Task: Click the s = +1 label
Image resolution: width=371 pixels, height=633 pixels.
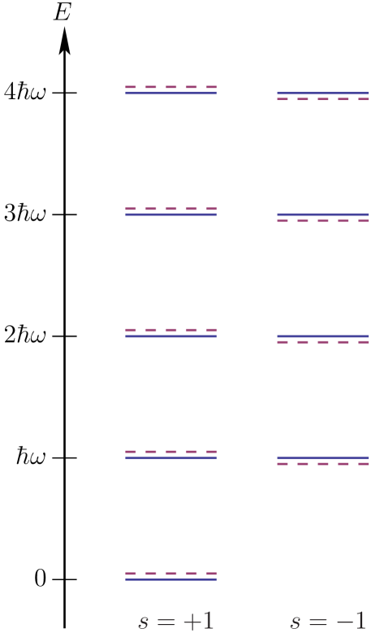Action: (x=176, y=622)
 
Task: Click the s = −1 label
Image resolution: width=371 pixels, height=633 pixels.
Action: (x=328, y=622)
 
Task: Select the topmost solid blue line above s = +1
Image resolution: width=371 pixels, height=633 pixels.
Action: (x=170, y=93)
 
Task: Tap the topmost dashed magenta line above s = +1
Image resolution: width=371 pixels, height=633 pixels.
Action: (x=170, y=87)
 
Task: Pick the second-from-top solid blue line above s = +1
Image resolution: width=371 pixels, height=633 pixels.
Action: (x=170, y=215)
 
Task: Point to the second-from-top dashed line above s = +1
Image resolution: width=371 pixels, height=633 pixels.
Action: (x=170, y=209)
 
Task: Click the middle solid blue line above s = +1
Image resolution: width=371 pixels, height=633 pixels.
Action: (x=170, y=336)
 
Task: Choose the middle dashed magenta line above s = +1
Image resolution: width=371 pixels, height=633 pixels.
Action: (x=170, y=330)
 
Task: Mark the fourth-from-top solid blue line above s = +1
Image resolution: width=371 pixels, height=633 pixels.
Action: (x=170, y=457)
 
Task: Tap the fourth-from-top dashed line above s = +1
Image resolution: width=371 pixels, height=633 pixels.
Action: (x=170, y=452)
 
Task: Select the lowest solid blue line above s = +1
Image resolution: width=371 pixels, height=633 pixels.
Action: (x=170, y=579)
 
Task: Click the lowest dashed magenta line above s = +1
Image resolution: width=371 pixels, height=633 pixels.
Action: (x=170, y=574)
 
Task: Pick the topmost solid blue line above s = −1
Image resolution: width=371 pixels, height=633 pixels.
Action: (x=323, y=93)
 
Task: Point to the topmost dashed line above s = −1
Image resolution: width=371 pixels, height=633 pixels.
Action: (x=323, y=99)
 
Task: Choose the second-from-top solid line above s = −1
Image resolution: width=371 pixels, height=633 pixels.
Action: (x=323, y=215)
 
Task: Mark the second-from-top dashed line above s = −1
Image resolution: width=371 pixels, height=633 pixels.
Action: (x=323, y=221)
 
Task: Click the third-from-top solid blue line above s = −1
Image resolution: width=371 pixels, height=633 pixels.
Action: (x=323, y=336)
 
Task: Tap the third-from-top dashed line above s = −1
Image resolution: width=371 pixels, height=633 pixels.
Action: (x=323, y=342)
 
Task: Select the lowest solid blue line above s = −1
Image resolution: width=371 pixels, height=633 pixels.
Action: (x=323, y=457)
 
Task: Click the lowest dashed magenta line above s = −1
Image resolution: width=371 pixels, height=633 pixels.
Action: (x=323, y=464)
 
